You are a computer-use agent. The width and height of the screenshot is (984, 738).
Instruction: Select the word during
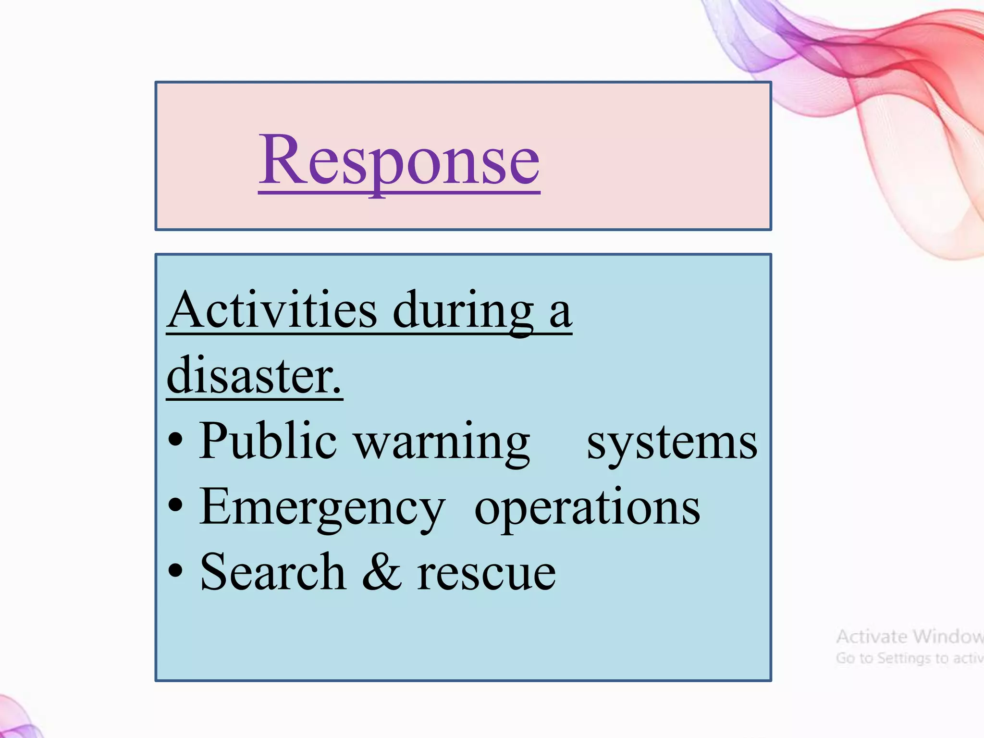[x=463, y=311]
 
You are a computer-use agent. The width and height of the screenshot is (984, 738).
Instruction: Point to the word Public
[x=268, y=441]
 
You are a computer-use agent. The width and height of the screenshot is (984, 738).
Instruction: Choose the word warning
[x=442, y=442]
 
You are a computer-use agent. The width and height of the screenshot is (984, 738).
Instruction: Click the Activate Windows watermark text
[x=909, y=637]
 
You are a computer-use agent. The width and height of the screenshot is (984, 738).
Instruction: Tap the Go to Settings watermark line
[x=909, y=658]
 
